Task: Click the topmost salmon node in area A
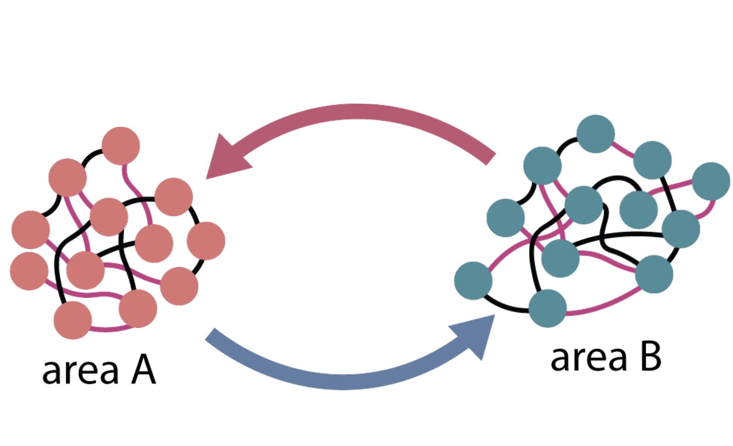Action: tap(121, 146)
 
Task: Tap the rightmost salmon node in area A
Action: tap(206, 241)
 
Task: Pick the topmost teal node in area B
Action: tap(596, 134)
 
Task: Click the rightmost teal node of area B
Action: tap(711, 181)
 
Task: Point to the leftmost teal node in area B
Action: tap(473, 281)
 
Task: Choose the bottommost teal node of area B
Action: tap(548, 308)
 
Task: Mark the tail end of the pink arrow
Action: tap(489, 158)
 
